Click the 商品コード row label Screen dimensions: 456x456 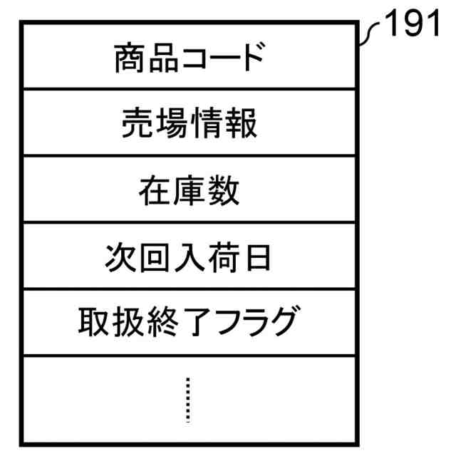click(x=189, y=58)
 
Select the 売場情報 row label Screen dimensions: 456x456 click(x=189, y=125)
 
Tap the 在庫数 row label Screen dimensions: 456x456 click(x=189, y=192)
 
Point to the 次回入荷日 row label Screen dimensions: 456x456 click(x=189, y=258)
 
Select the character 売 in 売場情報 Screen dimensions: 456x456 click(x=135, y=125)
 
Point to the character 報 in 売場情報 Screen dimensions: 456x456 click(x=242, y=125)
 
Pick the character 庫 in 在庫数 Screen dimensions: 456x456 click(x=189, y=192)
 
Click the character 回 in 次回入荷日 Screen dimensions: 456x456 click(x=155, y=258)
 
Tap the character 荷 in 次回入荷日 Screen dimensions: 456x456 click(x=222, y=258)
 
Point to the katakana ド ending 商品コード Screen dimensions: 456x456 click(x=249, y=58)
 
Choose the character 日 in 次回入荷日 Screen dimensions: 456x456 click(x=256, y=258)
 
